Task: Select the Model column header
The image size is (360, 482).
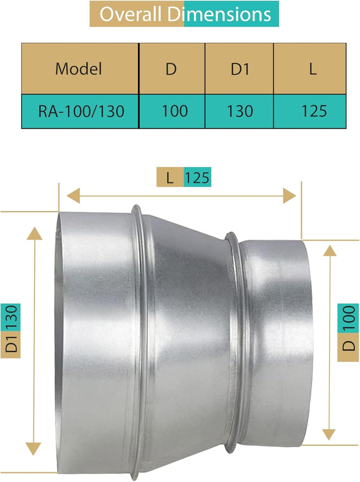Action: (x=79, y=69)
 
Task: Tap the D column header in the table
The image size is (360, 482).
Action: (x=171, y=69)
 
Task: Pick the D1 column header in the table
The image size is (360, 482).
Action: (x=239, y=69)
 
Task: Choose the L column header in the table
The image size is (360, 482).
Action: (x=313, y=69)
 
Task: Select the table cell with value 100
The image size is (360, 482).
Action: (x=175, y=111)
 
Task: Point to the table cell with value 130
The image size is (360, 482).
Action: (x=240, y=111)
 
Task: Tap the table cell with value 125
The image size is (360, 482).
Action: (x=314, y=111)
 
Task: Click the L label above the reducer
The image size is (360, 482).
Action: (x=170, y=178)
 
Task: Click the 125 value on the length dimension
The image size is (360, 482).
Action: (x=197, y=178)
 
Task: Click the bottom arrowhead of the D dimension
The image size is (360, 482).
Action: (x=329, y=433)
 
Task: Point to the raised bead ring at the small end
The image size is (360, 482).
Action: (x=233, y=342)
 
